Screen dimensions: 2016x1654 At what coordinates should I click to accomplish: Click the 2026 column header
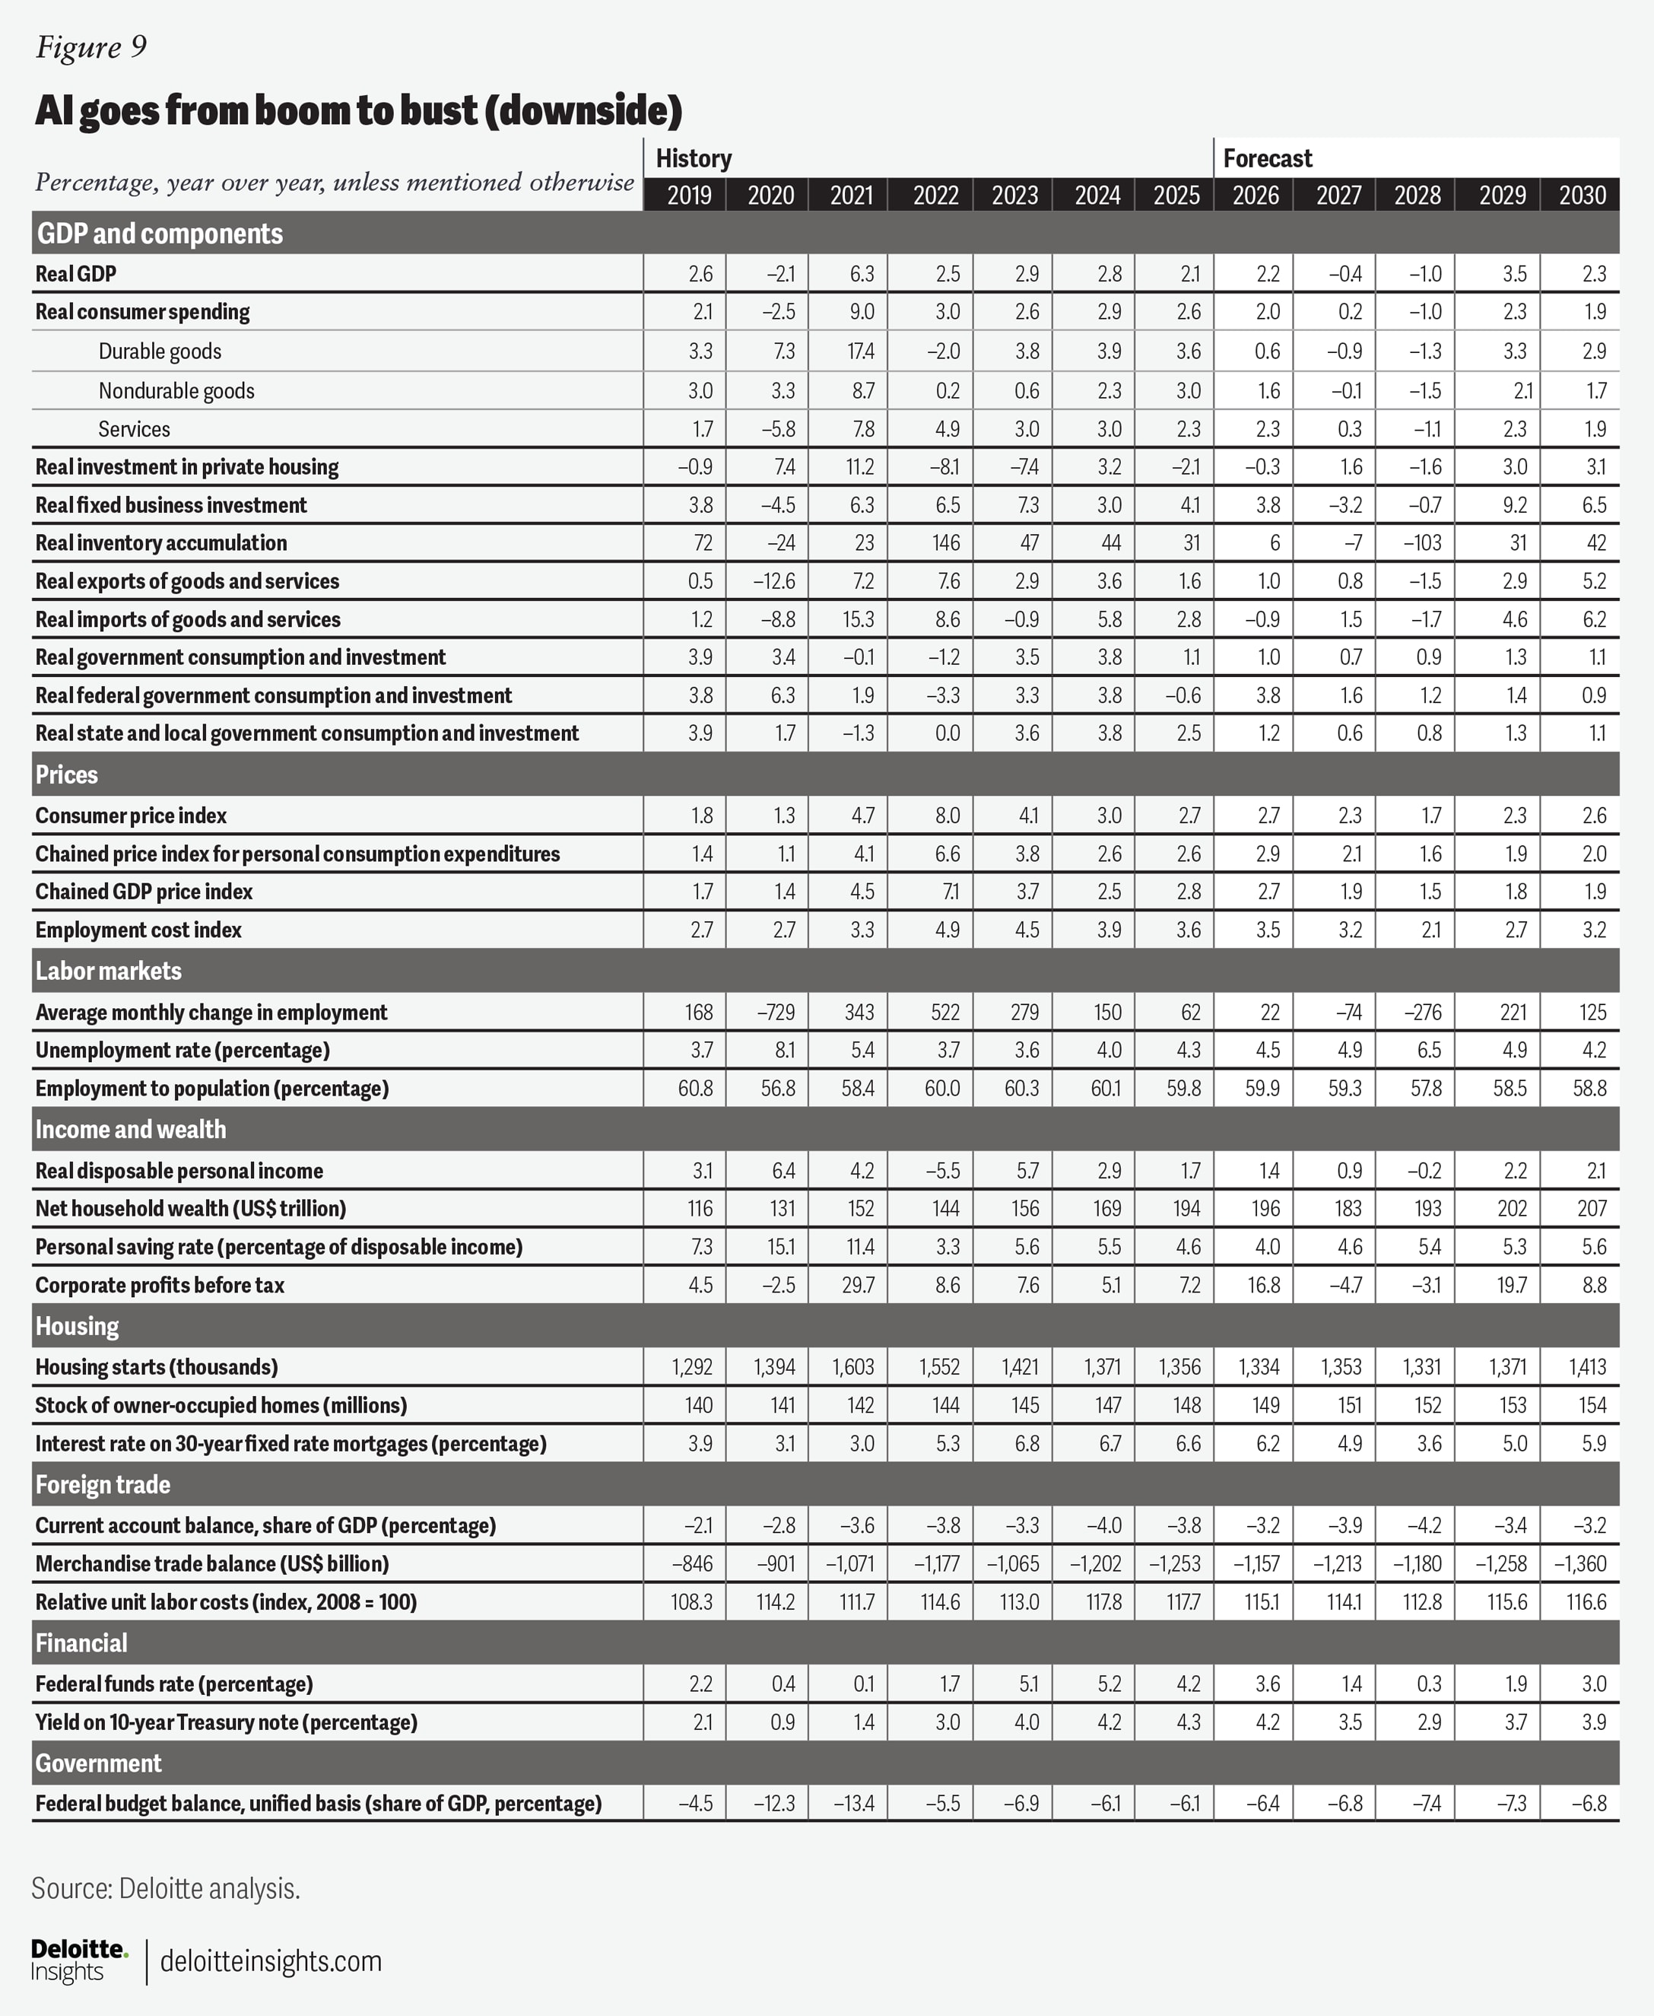point(1255,196)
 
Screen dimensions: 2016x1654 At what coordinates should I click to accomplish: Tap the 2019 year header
point(688,196)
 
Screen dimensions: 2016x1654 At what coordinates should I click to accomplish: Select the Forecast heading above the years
point(1267,158)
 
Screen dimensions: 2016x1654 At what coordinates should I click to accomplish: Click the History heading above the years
point(694,158)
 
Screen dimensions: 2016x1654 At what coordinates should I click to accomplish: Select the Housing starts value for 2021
point(852,1367)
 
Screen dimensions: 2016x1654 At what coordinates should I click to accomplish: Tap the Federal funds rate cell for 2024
point(1109,1684)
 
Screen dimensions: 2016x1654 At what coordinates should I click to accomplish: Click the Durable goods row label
point(160,351)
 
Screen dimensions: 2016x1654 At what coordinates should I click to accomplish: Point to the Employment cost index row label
point(138,930)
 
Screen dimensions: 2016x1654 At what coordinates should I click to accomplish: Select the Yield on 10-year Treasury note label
point(226,1722)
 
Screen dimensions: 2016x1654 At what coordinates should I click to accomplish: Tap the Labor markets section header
point(108,971)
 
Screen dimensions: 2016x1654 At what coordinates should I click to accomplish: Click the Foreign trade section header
point(103,1485)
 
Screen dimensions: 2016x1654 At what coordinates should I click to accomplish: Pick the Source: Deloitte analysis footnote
point(166,1888)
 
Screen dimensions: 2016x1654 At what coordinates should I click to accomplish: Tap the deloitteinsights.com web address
point(271,1962)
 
